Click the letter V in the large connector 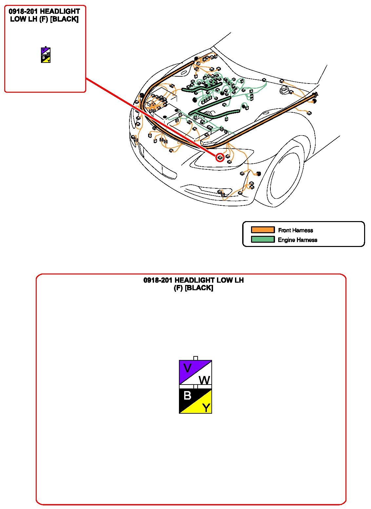(187, 368)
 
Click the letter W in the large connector (205, 380)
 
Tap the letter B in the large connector (187, 396)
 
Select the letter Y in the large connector (206, 408)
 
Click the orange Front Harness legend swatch (263, 230)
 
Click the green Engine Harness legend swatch (263, 239)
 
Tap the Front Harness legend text (295, 230)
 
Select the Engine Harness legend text (297, 240)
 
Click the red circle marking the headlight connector (220, 158)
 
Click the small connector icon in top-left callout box (46, 55)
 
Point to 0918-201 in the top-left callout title (23, 12)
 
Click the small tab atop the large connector (196, 358)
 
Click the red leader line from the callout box (147, 115)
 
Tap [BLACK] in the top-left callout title (64, 19)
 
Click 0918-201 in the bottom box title (158, 280)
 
